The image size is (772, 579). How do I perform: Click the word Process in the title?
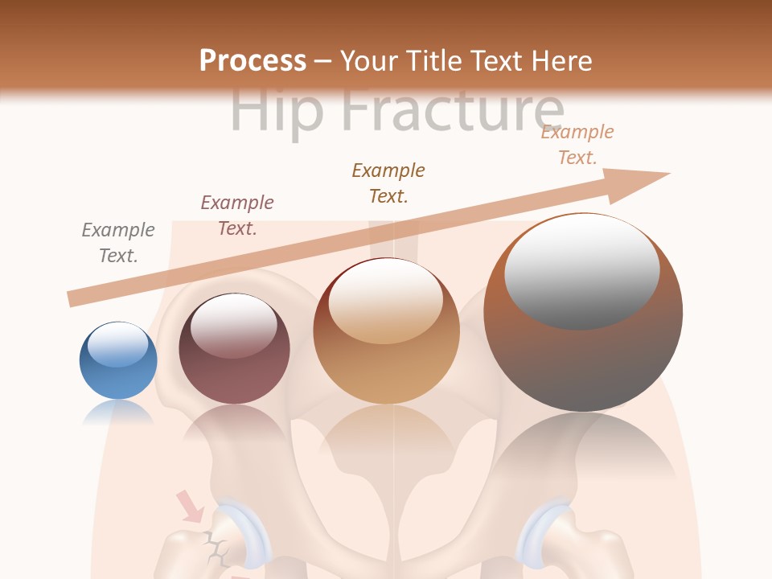coord(253,61)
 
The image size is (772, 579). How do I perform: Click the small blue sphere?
coord(118,361)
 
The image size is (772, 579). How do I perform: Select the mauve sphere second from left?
coord(234,349)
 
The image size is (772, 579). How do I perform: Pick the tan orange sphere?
coord(386,331)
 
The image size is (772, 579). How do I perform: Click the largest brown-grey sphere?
coord(583,313)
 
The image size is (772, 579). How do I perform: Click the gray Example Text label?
coord(118,243)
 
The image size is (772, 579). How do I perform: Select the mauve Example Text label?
coord(237,216)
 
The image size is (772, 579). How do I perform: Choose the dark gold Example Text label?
coord(388,183)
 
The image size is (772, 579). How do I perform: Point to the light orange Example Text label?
coord(577,145)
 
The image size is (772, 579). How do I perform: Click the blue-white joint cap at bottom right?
coord(544,530)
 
